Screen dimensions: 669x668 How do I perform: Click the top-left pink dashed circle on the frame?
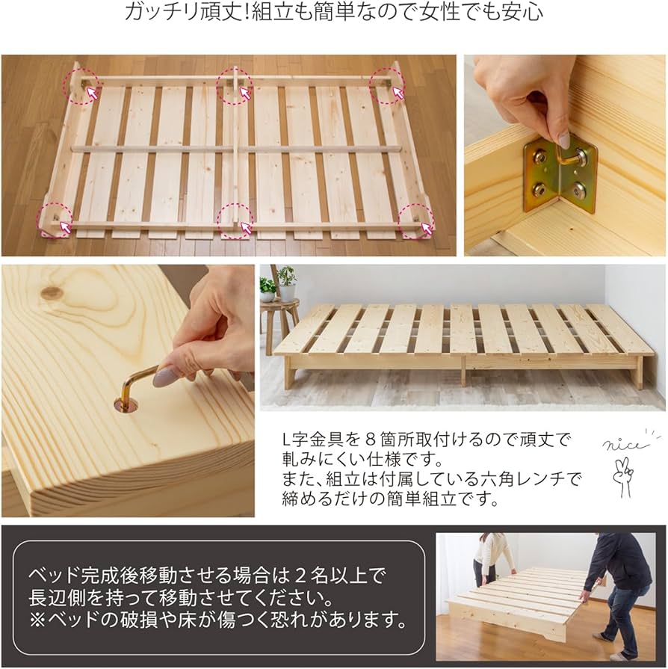click(81, 86)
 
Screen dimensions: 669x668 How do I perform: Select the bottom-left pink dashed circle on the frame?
click(55, 220)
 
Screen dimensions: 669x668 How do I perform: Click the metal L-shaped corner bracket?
click(560, 176)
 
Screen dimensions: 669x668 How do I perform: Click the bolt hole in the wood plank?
click(126, 404)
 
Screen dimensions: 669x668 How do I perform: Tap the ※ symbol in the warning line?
click(37, 620)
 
